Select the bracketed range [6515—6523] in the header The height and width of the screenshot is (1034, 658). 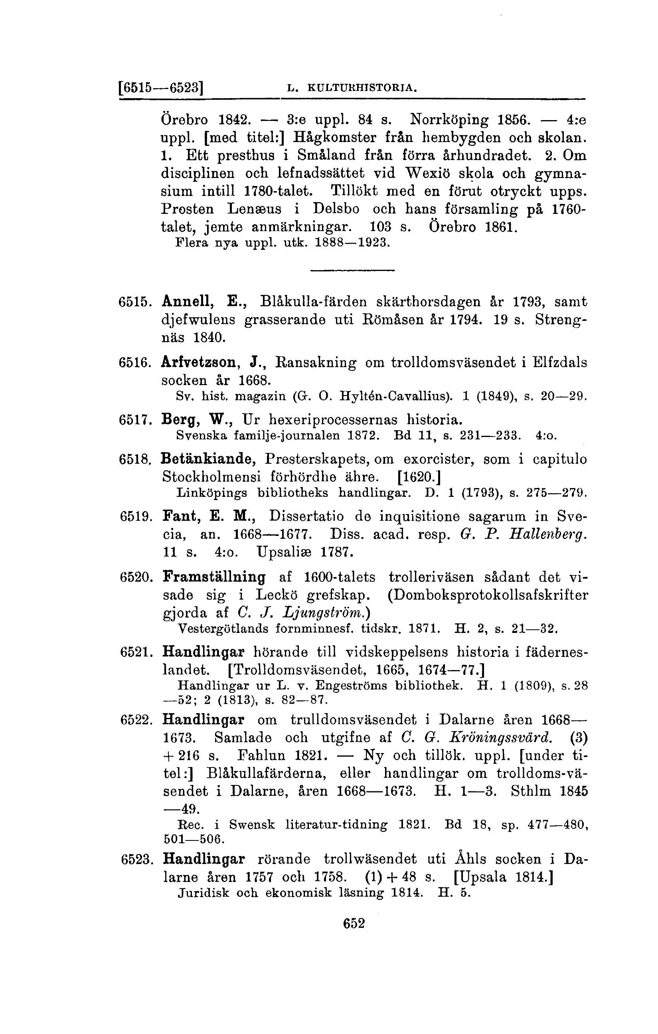pyautogui.click(x=160, y=87)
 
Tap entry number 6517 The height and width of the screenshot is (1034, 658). pyautogui.click(x=135, y=418)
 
